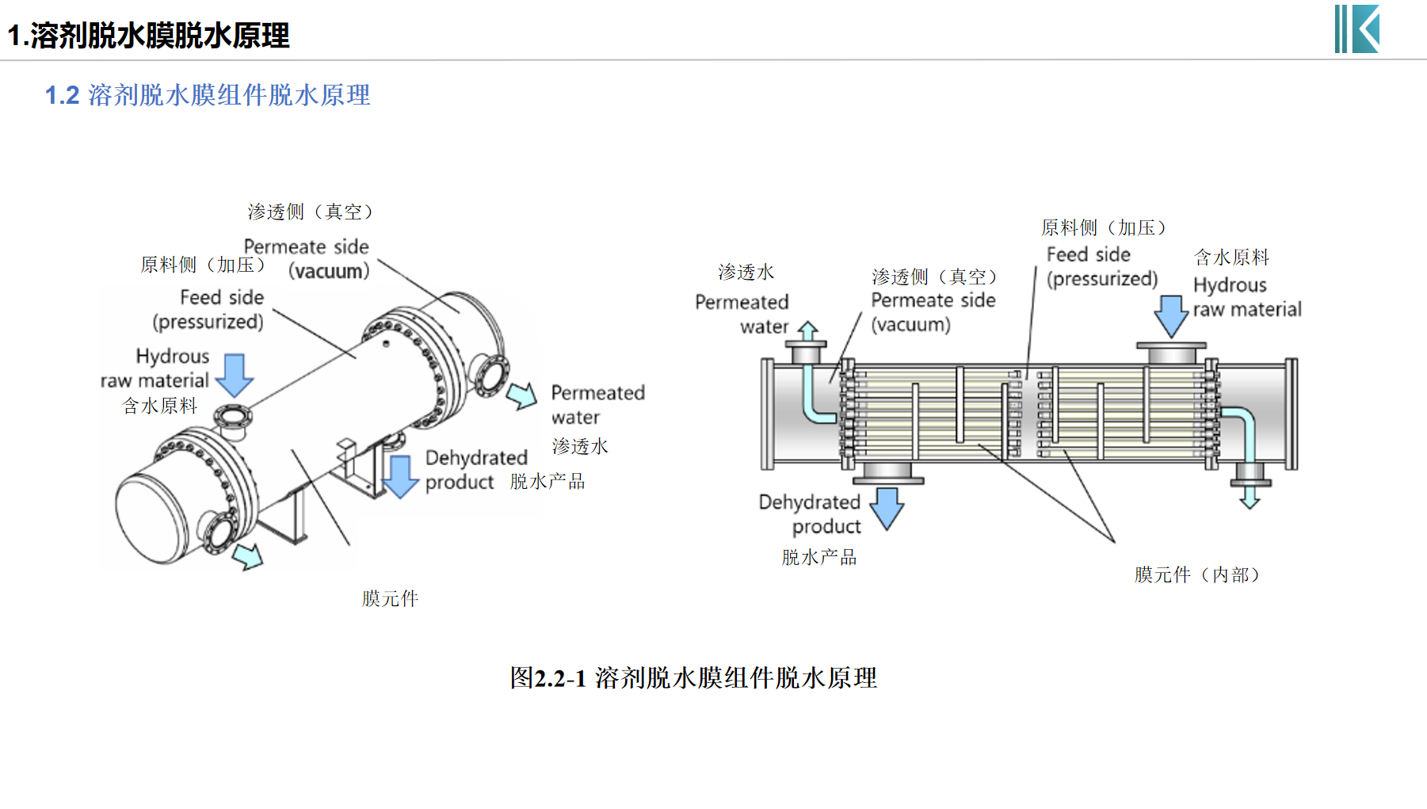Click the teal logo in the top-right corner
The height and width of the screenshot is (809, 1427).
1357,29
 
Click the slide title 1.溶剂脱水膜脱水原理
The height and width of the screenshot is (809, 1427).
149,36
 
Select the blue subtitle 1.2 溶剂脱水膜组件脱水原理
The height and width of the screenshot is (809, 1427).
208,95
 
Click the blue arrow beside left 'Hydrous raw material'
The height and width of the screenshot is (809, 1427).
235,375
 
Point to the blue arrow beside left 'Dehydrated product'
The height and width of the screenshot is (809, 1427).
401,476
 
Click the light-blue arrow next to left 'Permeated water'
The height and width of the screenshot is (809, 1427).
522,395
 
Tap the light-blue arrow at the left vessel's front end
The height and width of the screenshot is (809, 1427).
249,555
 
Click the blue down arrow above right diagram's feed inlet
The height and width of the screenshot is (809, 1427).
1170,316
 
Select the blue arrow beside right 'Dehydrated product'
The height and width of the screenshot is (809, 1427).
887,508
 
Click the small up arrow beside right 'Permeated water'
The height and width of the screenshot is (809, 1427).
807,331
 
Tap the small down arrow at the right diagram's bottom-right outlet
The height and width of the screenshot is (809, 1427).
1250,497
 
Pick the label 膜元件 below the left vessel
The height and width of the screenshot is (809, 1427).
390,598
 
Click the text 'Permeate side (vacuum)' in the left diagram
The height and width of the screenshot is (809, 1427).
307,259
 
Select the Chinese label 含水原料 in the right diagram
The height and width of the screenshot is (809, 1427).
1231,257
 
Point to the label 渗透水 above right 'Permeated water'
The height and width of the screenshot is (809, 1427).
746,272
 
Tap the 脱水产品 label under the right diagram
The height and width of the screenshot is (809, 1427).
818,557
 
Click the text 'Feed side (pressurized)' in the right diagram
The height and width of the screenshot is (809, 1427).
1101,266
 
